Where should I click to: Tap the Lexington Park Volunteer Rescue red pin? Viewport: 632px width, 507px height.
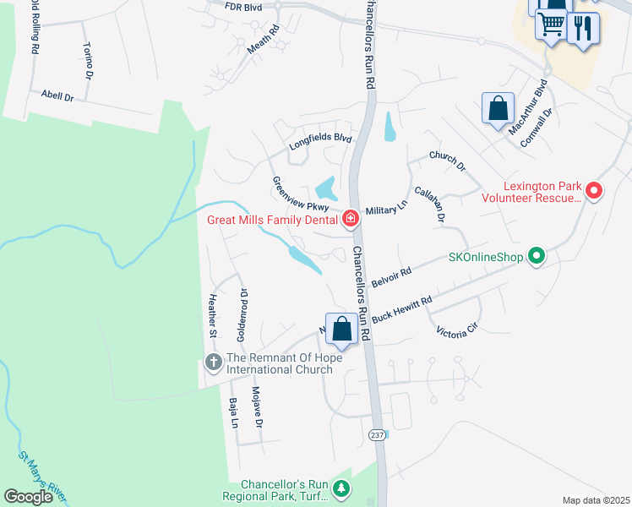(x=594, y=192)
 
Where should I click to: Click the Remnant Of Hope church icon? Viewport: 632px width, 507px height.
(x=211, y=364)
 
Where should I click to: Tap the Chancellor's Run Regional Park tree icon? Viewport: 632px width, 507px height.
(x=341, y=488)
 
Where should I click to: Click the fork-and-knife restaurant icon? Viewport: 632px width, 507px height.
(x=583, y=28)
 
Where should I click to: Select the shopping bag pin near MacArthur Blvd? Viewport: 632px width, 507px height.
(x=498, y=109)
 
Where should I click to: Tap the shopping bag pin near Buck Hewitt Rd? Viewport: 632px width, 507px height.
(x=341, y=330)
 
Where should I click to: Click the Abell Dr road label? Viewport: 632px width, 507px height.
(x=57, y=96)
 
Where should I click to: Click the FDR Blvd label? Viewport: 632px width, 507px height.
(x=244, y=6)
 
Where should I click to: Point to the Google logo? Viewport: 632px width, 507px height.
(x=29, y=497)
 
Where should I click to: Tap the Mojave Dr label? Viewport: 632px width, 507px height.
(x=259, y=406)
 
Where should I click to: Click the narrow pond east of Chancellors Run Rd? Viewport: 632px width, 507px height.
(x=389, y=127)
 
